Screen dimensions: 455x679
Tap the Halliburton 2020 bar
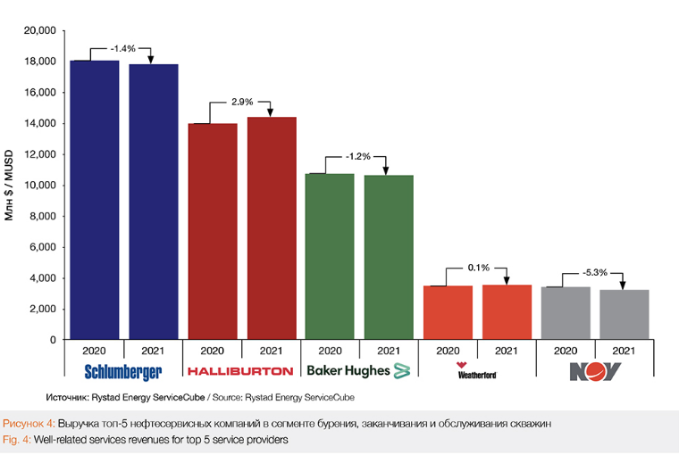coord(213,231)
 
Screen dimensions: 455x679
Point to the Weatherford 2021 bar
coord(507,311)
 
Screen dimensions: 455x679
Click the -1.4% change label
coord(123,48)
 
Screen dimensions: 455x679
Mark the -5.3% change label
coord(595,273)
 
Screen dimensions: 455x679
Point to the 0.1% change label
coord(477,268)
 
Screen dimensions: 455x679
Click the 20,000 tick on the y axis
coord(39,31)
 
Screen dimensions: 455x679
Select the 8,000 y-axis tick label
coord(42,216)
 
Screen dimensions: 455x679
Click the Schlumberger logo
coord(122,370)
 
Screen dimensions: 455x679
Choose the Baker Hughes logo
coord(357,369)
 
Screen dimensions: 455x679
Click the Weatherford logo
coord(476,370)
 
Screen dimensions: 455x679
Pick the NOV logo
coord(595,370)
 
